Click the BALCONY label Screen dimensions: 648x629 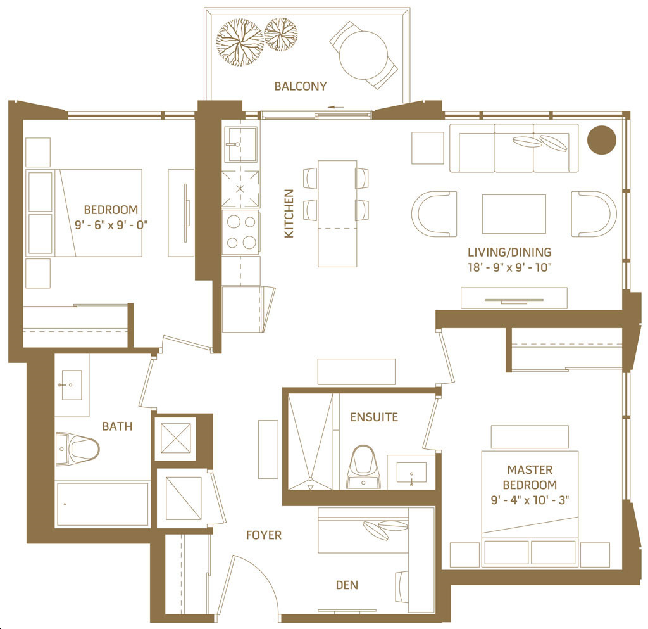point(301,86)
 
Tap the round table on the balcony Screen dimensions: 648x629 point(363,55)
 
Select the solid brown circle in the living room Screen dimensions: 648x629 point(602,140)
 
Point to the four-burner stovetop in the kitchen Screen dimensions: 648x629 point(241,232)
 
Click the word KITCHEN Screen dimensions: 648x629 point(289,213)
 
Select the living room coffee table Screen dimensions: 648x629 point(514,214)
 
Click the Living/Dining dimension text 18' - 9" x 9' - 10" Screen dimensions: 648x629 point(509,267)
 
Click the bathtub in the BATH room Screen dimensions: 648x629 point(103,504)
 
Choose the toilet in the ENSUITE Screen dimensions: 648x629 point(363,467)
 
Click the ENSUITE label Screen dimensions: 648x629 point(374,417)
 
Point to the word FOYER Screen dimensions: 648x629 point(264,535)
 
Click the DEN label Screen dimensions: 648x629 point(347,585)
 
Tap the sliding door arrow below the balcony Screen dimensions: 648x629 point(337,108)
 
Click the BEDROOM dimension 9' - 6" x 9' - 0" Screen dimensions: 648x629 point(111,225)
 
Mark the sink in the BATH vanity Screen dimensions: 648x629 point(72,385)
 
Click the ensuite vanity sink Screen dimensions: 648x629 point(411,473)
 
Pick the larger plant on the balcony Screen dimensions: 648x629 point(240,42)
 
